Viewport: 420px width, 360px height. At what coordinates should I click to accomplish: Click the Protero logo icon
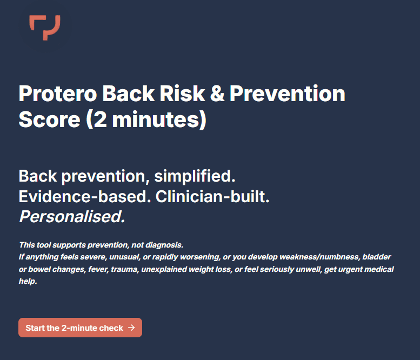(x=45, y=27)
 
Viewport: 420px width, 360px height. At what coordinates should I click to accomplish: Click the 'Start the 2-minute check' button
(x=80, y=328)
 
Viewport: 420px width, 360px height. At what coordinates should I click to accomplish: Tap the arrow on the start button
(x=132, y=328)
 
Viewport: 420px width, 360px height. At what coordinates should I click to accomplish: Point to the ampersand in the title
(x=215, y=94)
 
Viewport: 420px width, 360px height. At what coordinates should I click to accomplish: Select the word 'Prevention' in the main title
(x=287, y=94)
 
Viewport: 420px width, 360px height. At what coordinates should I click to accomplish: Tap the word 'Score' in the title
(x=49, y=119)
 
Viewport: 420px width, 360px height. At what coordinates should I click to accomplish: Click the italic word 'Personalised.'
(x=72, y=217)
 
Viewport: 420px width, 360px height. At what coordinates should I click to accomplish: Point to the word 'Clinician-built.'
(x=212, y=197)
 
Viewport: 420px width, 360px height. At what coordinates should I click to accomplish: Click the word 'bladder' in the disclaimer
(x=377, y=256)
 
